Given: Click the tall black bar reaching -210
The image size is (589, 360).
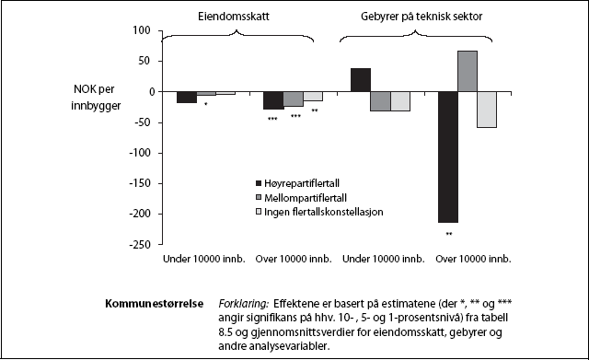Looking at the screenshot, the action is pos(448,157).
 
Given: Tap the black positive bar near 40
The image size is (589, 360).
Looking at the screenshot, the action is pos(361,80).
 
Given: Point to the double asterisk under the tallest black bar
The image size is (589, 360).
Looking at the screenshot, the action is pos(448,234).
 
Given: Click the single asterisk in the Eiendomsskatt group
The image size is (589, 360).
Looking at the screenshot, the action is pos(206,104).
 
